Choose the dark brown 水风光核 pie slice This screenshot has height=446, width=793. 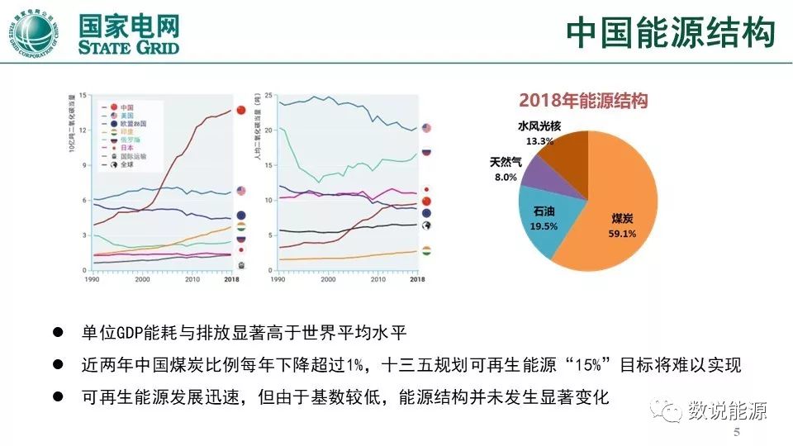tap(578, 153)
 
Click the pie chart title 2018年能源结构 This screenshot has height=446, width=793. tap(583, 101)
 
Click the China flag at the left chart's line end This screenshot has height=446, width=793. tap(240, 110)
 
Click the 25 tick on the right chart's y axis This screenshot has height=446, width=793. tap(268, 96)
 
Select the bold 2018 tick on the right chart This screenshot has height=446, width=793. tap(417, 280)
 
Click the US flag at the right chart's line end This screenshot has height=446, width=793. tap(426, 129)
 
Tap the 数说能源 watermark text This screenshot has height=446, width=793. tap(728, 410)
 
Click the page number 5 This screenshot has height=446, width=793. tap(736, 433)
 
